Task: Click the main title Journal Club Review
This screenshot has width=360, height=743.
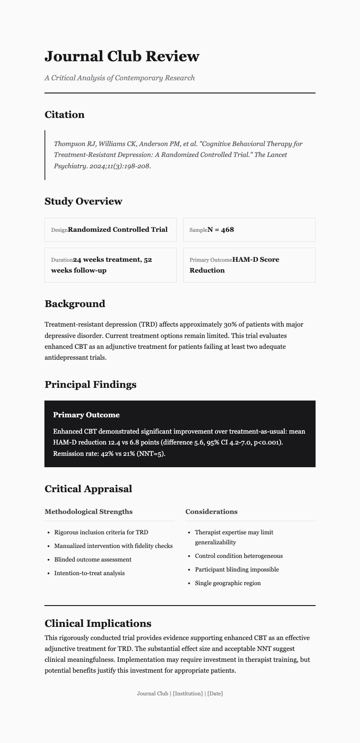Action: tap(122, 56)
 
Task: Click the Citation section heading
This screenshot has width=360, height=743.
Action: tap(64, 115)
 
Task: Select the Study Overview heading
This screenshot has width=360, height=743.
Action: tap(83, 201)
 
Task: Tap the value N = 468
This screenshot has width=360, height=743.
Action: tap(220, 230)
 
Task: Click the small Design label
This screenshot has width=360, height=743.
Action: tap(59, 230)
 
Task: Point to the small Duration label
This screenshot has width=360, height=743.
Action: tap(62, 260)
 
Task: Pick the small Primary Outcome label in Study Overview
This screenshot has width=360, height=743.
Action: tap(210, 260)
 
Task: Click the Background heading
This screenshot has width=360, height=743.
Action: tap(74, 304)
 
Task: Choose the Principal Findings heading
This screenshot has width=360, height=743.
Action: tap(90, 385)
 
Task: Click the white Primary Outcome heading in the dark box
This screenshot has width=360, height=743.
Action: tap(86, 415)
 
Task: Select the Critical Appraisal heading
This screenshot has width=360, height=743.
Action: tap(88, 489)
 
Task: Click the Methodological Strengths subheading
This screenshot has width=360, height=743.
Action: tap(88, 512)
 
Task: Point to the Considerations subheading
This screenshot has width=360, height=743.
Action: tap(211, 512)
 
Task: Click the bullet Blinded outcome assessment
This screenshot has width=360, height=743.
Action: tap(92, 560)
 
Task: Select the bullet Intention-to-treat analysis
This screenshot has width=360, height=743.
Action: tap(89, 573)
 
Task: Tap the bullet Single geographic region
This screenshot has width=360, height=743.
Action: tap(228, 583)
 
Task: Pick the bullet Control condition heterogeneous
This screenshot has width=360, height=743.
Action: tap(238, 556)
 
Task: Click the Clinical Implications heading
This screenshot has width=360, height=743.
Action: tap(97, 623)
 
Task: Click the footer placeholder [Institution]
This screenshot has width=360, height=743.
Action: tap(188, 694)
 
